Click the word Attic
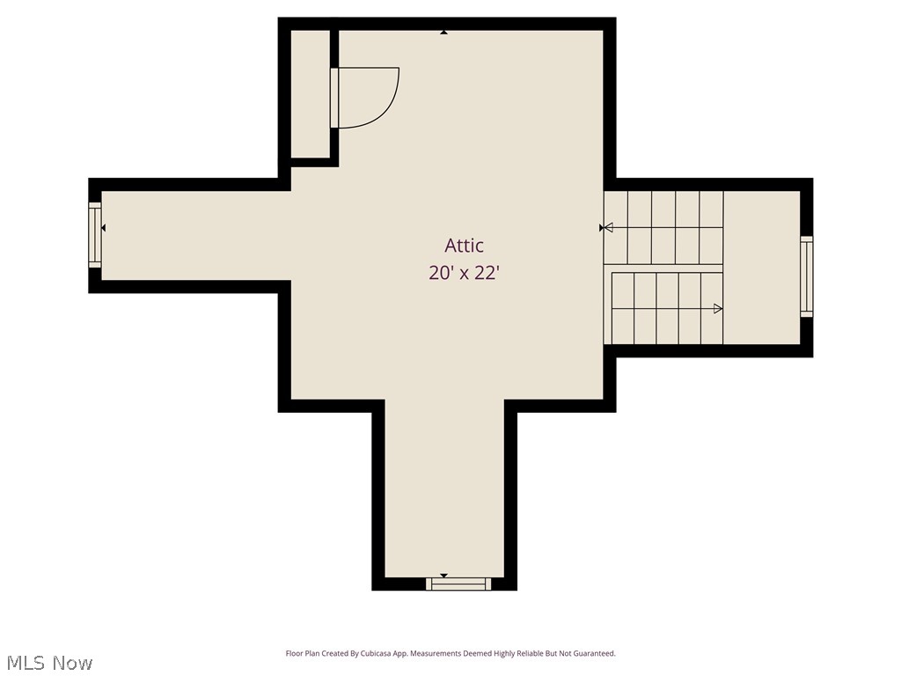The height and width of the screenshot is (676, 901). tap(464, 246)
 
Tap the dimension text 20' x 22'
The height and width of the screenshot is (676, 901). tap(464, 273)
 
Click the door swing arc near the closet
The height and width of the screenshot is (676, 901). tap(387, 106)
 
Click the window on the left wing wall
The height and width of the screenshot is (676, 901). tap(95, 234)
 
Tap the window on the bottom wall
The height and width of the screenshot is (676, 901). tap(458, 583)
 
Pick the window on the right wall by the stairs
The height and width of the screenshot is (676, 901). tap(806, 276)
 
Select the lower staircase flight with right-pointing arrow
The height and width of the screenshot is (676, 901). tap(666, 308)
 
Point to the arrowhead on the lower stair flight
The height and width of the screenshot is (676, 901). tap(718, 308)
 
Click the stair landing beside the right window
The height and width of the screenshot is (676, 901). tap(761, 268)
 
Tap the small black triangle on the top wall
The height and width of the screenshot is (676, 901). tap(444, 33)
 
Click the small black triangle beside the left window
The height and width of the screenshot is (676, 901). tap(104, 228)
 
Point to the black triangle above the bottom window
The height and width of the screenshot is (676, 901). tap(443, 575)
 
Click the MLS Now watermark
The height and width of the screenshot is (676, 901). tap(49, 663)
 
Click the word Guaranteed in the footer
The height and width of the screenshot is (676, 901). tap(594, 654)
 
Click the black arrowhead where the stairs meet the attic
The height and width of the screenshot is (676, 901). tap(602, 227)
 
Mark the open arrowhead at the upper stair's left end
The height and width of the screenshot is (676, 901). tap(608, 227)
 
